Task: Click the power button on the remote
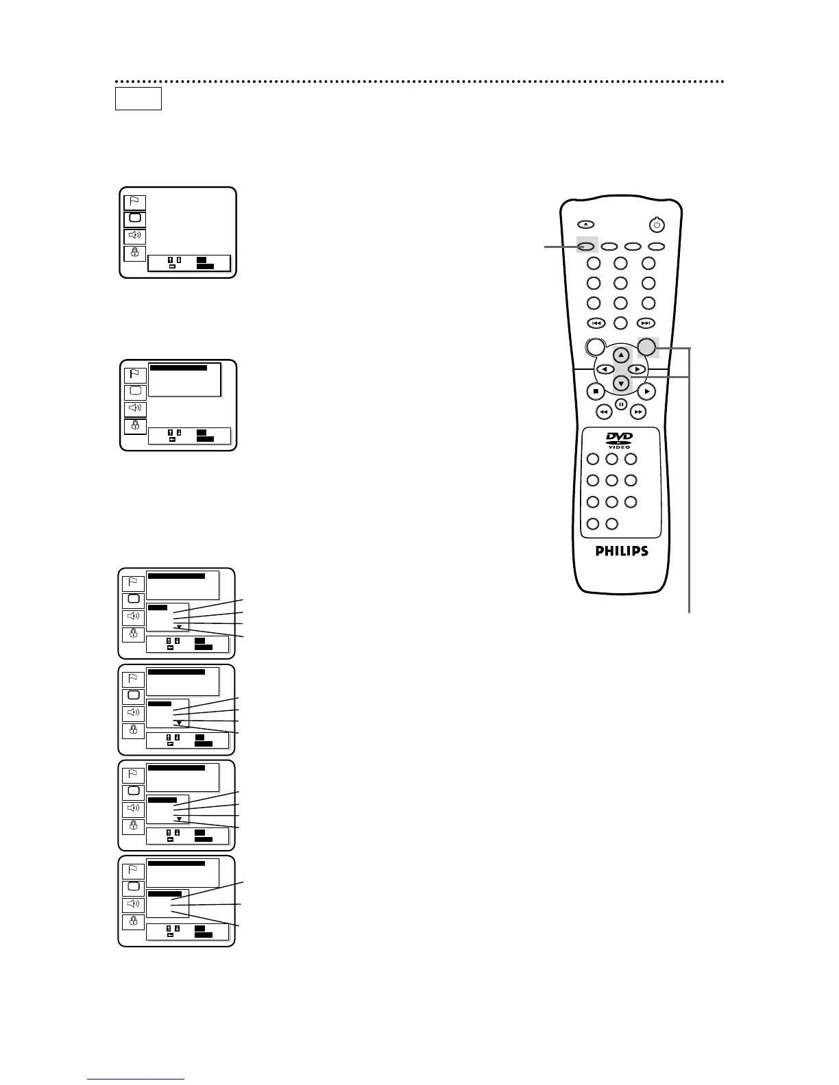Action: pos(657,224)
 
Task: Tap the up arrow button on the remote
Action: pos(621,355)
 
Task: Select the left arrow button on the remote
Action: pos(605,369)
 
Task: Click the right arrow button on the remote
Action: pos(637,369)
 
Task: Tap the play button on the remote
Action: pos(646,391)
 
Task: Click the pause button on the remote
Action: pos(621,404)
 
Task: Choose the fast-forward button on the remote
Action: pos(639,412)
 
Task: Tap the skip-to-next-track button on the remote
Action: pos(646,323)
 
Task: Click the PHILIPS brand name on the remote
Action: pos(620,551)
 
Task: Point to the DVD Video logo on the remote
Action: pos(620,440)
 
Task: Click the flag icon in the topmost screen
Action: pos(135,202)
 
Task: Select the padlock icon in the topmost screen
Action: pos(135,253)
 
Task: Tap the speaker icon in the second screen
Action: pos(135,409)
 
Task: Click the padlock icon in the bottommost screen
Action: pos(133,921)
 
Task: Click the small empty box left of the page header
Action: pos(138,99)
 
